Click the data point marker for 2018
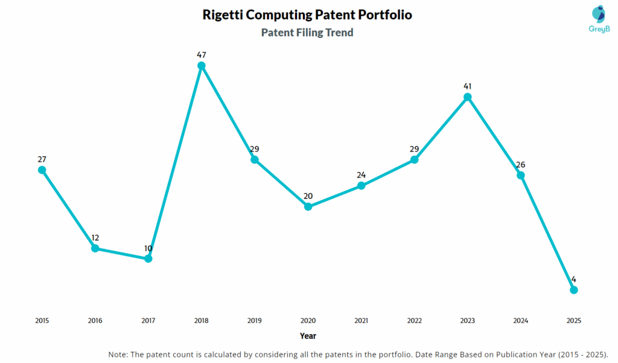(x=202, y=65)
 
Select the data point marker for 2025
(x=574, y=290)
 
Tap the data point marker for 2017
(x=148, y=259)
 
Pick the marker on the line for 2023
(x=467, y=97)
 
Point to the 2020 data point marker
(x=308, y=207)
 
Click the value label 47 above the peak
(x=202, y=54)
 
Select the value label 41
(x=467, y=86)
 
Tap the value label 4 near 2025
(x=574, y=279)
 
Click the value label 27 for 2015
(x=42, y=159)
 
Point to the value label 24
(x=361, y=175)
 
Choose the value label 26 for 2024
(x=520, y=164)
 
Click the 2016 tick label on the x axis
(x=95, y=321)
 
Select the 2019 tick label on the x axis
(x=255, y=321)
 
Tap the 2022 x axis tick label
(x=414, y=321)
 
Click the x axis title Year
(x=308, y=335)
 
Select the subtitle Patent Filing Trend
(x=307, y=33)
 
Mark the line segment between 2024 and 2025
(x=547, y=233)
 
